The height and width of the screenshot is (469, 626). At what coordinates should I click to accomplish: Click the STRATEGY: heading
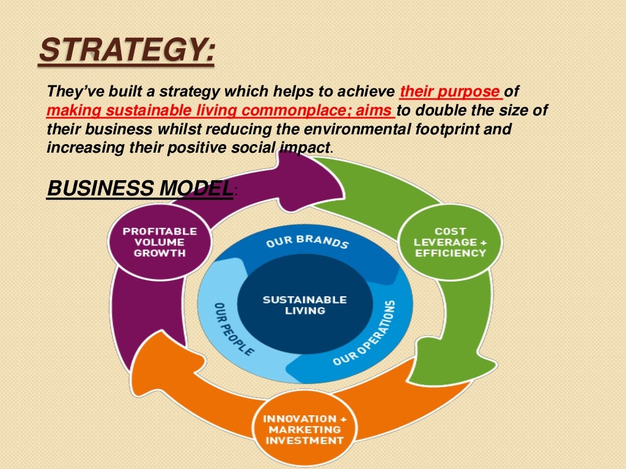(127, 50)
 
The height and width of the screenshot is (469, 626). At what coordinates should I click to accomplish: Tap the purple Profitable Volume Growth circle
(160, 242)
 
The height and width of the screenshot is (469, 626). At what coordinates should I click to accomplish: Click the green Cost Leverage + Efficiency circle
(450, 242)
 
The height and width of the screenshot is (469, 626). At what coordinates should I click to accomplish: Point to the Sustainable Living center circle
(304, 305)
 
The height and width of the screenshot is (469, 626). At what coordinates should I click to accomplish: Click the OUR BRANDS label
(307, 241)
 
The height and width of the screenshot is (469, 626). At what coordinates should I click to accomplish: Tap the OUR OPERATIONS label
(366, 333)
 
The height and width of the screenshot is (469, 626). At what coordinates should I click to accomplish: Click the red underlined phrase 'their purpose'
(449, 92)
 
